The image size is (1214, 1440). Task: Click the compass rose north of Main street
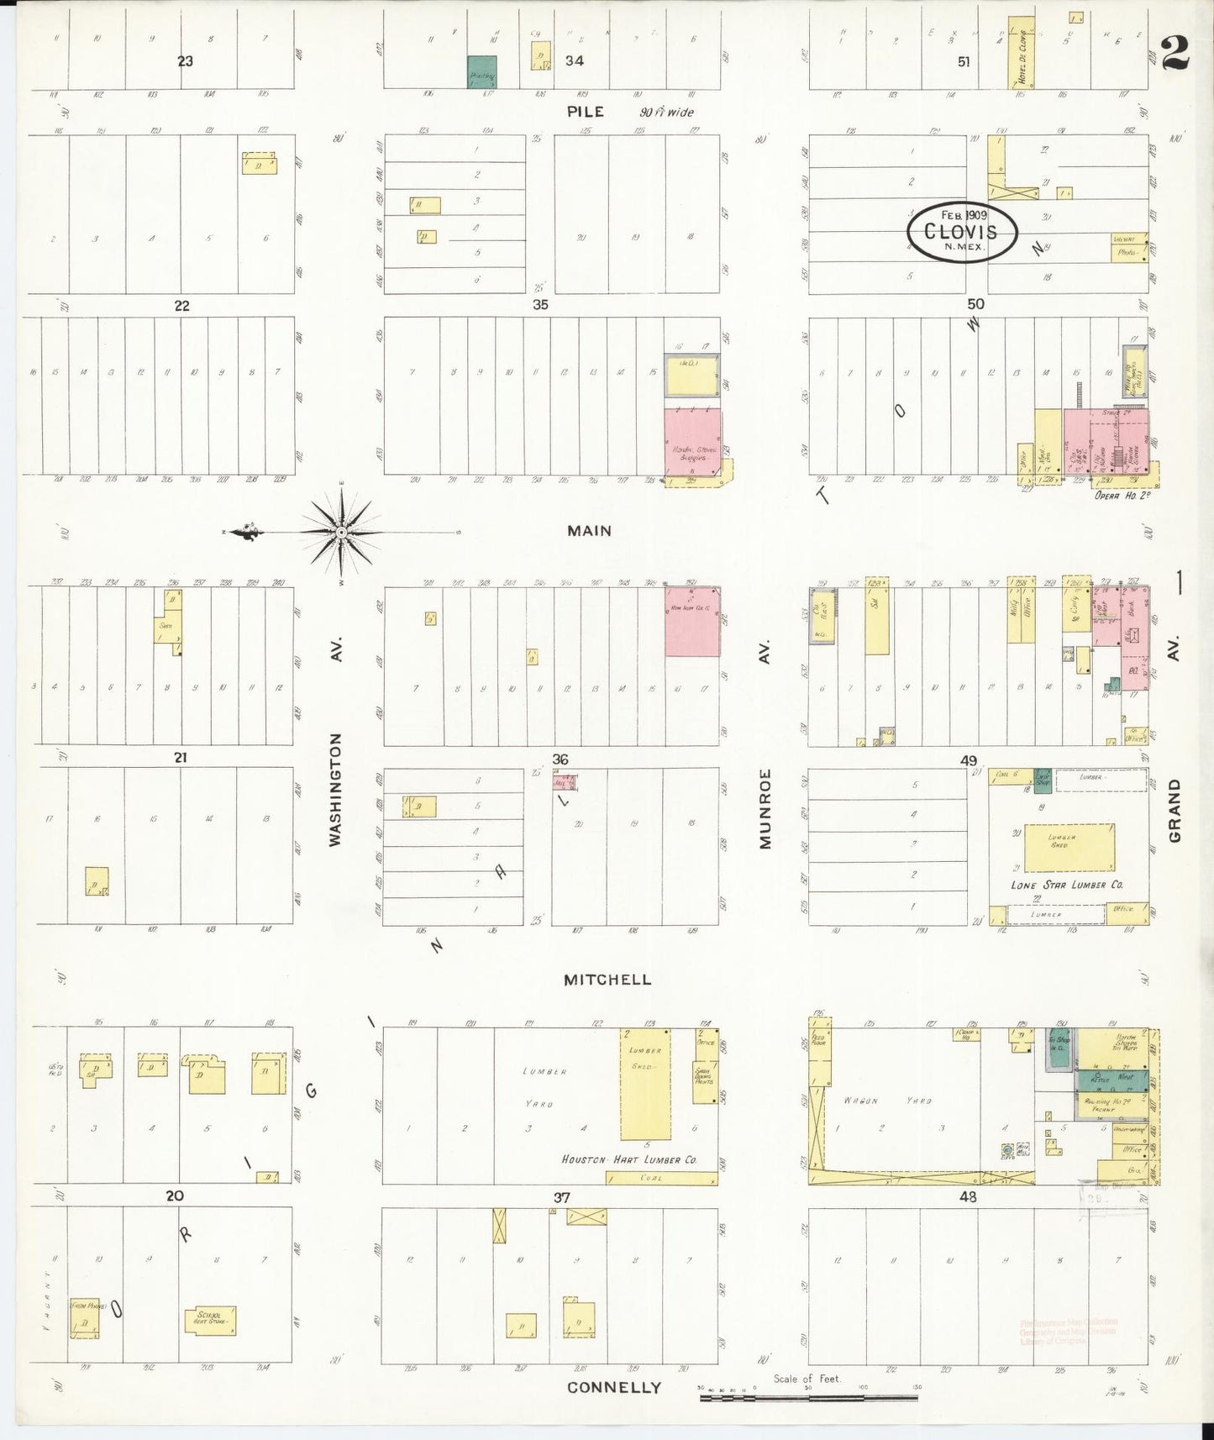pyautogui.click(x=342, y=533)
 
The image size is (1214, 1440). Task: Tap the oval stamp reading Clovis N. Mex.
pyautogui.click(x=962, y=233)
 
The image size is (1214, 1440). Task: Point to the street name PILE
pyautogui.click(x=585, y=112)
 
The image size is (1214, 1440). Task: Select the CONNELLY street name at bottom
pyautogui.click(x=613, y=1387)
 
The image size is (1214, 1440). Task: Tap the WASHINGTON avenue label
pyautogui.click(x=335, y=789)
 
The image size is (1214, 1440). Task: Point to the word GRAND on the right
pyautogui.click(x=1175, y=811)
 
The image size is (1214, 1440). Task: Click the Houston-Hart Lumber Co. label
pyautogui.click(x=629, y=1159)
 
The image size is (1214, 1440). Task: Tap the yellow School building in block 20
pyautogui.click(x=210, y=1320)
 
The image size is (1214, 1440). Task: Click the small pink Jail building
pyautogui.click(x=564, y=782)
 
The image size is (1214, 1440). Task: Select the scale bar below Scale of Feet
pyautogui.click(x=808, y=1398)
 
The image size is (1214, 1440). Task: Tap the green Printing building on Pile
pyautogui.click(x=481, y=71)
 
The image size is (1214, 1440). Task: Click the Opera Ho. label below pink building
pyautogui.click(x=1122, y=496)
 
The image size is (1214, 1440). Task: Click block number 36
pyautogui.click(x=560, y=759)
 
